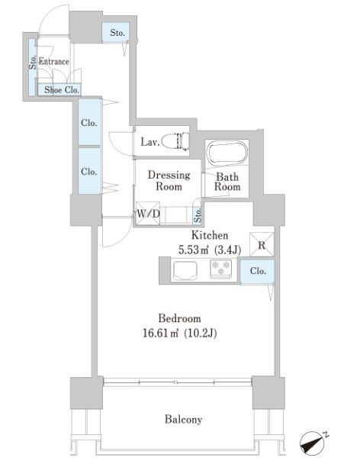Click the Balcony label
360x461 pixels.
183,419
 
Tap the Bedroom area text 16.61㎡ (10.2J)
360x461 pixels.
179,333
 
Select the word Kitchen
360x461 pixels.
210,235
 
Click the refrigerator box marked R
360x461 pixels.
262,244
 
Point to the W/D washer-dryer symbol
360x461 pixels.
148,213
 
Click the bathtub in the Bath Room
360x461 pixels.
227,153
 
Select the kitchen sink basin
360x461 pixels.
185,270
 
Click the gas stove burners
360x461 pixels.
221,269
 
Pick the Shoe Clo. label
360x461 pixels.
62,90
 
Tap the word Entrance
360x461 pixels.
54,62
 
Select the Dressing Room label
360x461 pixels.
169,181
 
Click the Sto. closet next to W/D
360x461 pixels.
198,215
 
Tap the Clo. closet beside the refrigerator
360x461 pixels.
258,272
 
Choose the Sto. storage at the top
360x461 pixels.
116,32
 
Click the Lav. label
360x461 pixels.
150,142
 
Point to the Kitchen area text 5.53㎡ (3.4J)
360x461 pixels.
210,250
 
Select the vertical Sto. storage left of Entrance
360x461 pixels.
32,67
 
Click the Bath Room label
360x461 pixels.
227,182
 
